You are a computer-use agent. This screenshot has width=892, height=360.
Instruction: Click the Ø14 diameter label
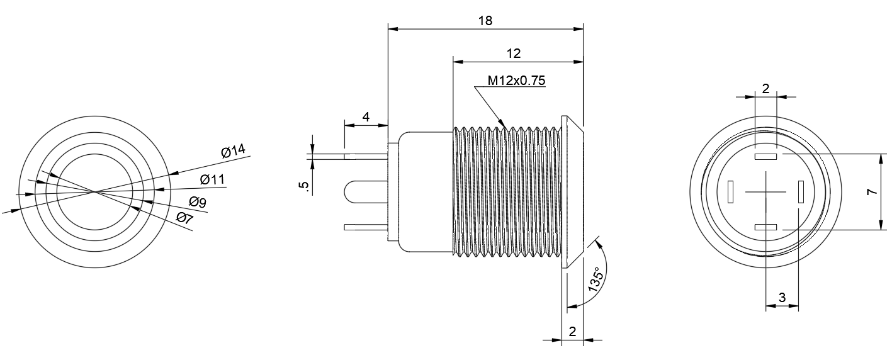(233, 151)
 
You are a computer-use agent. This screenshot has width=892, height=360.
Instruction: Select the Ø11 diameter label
(212, 179)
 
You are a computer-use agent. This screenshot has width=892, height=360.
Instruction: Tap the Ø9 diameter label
(198, 203)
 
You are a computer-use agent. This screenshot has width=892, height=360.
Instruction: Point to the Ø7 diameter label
(184, 218)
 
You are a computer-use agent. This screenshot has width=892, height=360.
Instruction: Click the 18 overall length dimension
(485, 20)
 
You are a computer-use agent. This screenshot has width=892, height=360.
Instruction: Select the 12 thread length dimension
(514, 53)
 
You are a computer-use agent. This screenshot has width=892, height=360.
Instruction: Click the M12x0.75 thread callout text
(516, 81)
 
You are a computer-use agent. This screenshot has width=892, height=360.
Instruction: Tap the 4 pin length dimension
(365, 116)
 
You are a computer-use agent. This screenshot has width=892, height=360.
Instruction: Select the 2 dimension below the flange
(572, 332)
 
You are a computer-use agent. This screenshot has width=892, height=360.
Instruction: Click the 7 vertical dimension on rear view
(872, 192)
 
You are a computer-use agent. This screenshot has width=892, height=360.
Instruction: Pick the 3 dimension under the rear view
(782, 298)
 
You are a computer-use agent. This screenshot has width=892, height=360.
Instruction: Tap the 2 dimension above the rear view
(765, 89)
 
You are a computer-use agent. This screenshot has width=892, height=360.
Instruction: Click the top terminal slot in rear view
(765, 157)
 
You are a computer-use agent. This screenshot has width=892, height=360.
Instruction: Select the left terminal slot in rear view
(731, 192)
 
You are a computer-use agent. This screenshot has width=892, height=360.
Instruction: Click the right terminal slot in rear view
(801, 192)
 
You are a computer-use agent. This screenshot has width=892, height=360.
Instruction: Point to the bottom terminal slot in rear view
(765, 227)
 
